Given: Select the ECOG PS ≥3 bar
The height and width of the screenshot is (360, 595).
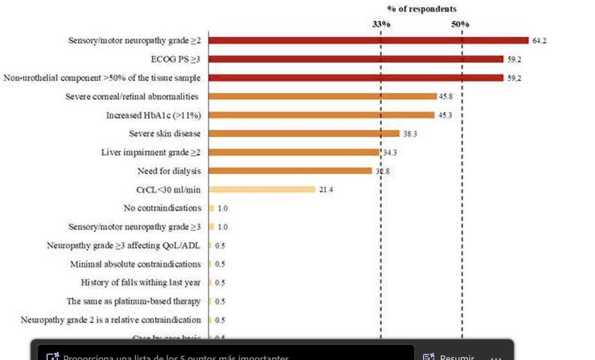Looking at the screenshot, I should click(x=356, y=59).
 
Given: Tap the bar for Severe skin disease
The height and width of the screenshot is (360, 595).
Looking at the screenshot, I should click(x=303, y=133).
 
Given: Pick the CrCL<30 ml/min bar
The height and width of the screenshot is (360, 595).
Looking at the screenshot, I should click(x=262, y=189).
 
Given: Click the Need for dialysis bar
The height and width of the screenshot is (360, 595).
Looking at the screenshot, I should click(x=290, y=171).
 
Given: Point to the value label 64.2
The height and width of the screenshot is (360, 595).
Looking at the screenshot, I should click(x=539, y=41).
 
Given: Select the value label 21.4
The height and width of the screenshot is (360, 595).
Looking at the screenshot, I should click(x=325, y=189).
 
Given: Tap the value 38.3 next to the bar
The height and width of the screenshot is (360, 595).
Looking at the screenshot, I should click(x=409, y=134).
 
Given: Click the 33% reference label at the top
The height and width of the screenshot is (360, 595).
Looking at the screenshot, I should click(x=381, y=25).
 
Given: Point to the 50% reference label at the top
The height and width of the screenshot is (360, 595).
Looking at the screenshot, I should click(x=460, y=25).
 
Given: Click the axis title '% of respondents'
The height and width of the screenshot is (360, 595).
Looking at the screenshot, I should click(x=421, y=9).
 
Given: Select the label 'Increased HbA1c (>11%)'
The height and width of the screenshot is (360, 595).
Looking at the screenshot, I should click(x=153, y=115).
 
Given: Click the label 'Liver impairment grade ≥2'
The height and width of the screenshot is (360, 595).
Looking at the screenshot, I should click(x=151, y=152).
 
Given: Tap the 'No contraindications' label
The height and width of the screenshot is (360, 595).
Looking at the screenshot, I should click(x=162, y=208).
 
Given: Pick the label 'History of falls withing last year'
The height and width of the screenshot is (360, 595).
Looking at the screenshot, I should click(x=141, y=283).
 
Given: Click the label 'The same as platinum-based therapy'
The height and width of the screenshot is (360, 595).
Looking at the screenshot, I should click(x=134, y=301).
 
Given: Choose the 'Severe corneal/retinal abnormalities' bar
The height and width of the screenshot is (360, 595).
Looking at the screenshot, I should click(x=322, y=96).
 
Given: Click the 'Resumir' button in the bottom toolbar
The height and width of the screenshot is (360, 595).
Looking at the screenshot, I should click(x=449, y=357).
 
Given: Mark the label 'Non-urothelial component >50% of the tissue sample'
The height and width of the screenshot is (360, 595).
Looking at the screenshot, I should click(x=102, y=78).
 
